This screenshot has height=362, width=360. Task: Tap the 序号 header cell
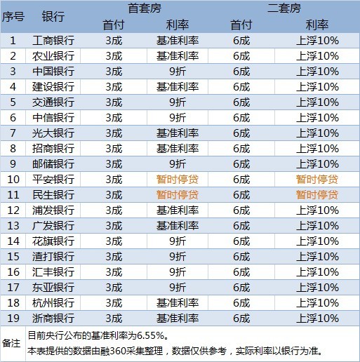pyautogui.click(x=13, y=17)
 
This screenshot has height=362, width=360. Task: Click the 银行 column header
pyautogui.click(x=53, y=17)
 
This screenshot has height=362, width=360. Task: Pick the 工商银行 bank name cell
pyautogui.click(x=53, y=40)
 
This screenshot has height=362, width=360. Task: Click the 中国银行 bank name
pyautogui.click(x=53, y=71)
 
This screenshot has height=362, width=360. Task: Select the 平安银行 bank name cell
pyautogui.click(x=53, y=179)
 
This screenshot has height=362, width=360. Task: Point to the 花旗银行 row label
pyautogui.click(x=53, y=241)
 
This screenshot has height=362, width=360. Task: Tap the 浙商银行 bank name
pyautogui.click(x=53, y=318)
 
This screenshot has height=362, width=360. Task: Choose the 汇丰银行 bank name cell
pyautogui.click(x=53, y=271)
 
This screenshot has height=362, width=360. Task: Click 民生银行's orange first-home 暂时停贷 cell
pyautogui.click(x=177, y=194)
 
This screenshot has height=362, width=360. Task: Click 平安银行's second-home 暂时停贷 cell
pyautogui.click(x=317, y=179)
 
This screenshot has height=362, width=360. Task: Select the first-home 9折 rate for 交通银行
pyautogui.click(x=177, y=102)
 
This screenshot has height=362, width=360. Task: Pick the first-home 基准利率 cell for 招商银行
pyautogui.click(x=177, y=148)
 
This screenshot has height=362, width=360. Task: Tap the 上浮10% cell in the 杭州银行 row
pyautogui.click(x=317, y=302)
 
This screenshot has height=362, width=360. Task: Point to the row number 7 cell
pyautogui.click(x=13, y=133)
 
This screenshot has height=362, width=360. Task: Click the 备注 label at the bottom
pyautogui.click(x=12, y=343)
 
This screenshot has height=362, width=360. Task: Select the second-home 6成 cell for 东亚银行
pyautogui.click(x=241, y=287)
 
